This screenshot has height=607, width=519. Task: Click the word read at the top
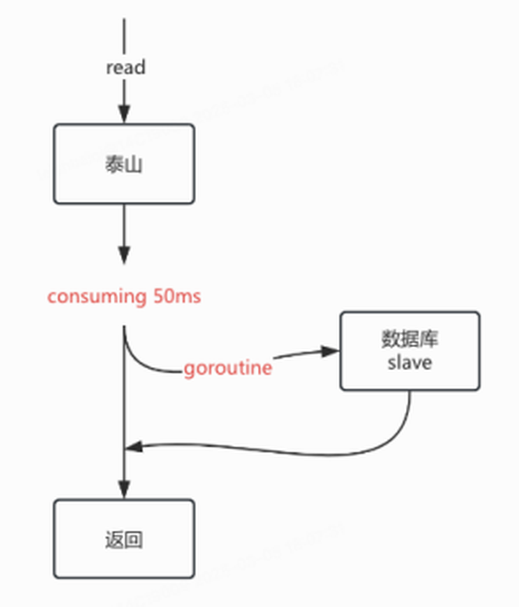pyautogui.click(x=125, y=67)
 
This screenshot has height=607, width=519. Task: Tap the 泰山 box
pyautogui.click(x=124, y=164)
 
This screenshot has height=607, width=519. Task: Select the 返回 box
pyautogui.click(x=124, y=538)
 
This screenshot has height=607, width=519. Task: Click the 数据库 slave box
pyautogui.click(x=410, y=351)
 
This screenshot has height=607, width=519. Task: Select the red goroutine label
pyautogui.click(x=228, y=368)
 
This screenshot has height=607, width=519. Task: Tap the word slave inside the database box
pyautogui.click(x=410, y=362)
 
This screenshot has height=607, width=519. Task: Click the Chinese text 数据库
pyautogui.click(x=410, y=340)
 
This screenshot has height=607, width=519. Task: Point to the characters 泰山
pyautogui.click(x=124, y=165)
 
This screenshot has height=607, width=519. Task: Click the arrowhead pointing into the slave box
pyautogui.click(x=332, y=351)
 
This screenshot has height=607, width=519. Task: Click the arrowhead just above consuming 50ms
pyautogui.click(x=124, y=255)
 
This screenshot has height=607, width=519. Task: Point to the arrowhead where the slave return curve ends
pyautogui.click(x=133, y=447)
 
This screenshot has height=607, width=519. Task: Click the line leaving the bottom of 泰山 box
pyautogui.click(x=124, y=225)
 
